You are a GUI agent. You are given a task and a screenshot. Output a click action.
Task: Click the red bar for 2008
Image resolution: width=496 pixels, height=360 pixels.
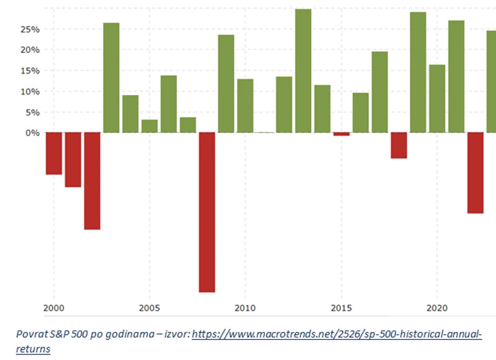[x=207, y=212]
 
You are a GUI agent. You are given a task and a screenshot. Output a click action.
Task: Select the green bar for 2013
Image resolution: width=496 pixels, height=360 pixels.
[x=303, y=71]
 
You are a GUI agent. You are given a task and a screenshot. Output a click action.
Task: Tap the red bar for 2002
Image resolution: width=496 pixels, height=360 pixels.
[x=92, y=181]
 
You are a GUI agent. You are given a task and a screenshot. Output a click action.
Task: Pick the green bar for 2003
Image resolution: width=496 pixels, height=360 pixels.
[x=111, y=78]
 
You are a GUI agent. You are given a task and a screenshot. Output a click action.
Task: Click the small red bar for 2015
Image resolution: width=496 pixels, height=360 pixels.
[x=341, y=134]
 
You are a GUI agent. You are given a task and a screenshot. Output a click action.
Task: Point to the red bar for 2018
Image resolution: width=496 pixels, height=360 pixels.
[x=399, y=145]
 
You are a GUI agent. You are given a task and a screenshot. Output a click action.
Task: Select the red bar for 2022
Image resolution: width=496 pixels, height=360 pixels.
[x=475, y=173]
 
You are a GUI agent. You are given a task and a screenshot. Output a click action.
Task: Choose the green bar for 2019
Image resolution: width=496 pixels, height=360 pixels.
[x=418, y=72]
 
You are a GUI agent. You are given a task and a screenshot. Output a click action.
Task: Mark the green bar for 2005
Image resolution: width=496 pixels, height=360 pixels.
[x=149, y=126]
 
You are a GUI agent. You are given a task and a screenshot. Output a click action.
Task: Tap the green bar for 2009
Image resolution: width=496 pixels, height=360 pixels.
[x=226, y=83]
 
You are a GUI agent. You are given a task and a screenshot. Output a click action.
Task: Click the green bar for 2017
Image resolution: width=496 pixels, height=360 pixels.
[x=379, y=92]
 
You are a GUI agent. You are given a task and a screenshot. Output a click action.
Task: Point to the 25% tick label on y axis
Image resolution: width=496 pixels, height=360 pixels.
[x=30, y=30]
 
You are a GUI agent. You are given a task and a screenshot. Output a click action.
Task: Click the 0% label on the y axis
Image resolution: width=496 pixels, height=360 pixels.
[x=32, y=133]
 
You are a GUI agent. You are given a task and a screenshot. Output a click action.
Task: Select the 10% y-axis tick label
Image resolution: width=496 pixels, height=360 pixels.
[x=30, y=92]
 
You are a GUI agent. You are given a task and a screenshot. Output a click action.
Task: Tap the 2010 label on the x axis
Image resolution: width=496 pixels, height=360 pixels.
[x=245, y=308]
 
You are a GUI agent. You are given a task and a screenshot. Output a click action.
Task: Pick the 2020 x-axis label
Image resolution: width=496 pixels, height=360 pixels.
[x=436, y=308]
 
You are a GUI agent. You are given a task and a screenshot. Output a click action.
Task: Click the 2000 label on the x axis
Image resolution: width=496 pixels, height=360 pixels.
[x=53, y=308]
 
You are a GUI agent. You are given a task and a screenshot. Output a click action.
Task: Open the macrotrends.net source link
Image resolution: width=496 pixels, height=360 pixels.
[x=336, y=335]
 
